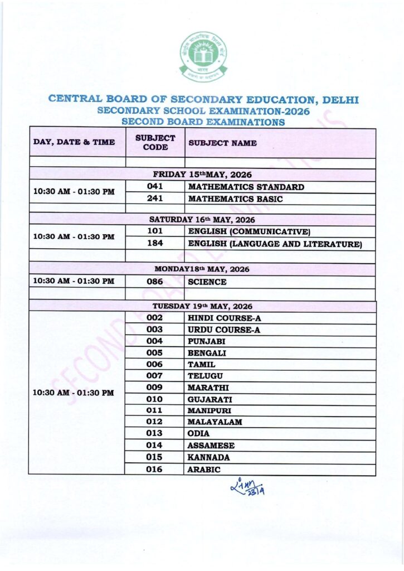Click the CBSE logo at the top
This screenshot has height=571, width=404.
(203, 56)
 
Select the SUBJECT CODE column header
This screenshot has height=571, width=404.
(155, 143)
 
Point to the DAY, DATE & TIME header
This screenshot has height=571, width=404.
(75, 143)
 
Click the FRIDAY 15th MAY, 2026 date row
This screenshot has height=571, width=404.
(202, 175)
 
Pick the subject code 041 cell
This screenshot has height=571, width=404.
(155, 187)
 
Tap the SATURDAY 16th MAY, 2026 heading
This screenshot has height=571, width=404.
(202, 219)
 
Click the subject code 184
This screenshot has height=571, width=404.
(155, 244)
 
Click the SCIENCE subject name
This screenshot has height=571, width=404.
(207, 282)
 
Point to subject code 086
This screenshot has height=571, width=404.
(155, 282)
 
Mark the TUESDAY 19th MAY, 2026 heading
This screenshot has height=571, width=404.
(202, 306)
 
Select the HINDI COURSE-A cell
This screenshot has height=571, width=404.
(225, 318)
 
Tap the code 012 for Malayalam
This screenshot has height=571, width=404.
(155, 422)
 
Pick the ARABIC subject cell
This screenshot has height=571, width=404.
(204, 470)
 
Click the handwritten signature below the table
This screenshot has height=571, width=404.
(248, 488)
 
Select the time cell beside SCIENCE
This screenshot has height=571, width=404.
(74, 282)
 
